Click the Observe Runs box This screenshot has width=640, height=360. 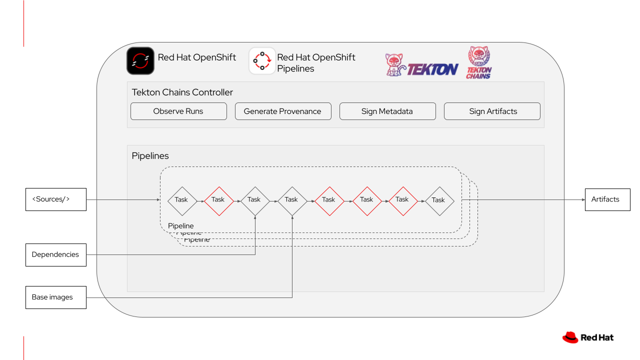pos(178,111)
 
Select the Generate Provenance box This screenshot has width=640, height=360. pos(283,111)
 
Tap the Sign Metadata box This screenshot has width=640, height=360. pos(387,111)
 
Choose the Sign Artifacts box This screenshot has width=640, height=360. pos(492,111)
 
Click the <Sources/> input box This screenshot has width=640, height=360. pos(56,199)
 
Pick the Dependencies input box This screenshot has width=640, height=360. pos(56,254)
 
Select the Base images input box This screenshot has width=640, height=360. pos(56,297)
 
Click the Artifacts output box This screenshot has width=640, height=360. pos(607,199)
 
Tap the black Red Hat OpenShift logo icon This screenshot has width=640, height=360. pos(140,61)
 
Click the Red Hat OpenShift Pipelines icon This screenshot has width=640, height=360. pos(262,61)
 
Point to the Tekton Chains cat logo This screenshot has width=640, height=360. pos(478,62)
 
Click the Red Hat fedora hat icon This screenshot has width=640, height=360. pos(570,337)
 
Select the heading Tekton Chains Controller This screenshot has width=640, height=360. pos(182,92)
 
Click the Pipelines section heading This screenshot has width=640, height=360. pos(150,156)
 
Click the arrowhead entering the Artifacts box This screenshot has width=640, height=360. pos(582,199)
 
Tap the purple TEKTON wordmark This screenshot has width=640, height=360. pos(432,69)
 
